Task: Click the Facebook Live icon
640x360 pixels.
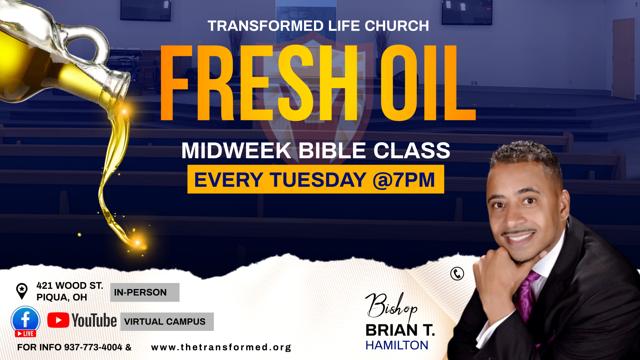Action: click(25, 321)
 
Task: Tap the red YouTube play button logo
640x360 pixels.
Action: click(58, 320)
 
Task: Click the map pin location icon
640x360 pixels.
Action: click(22, 291)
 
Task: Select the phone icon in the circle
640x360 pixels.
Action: click(457, 274)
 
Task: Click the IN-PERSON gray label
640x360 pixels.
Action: click(145, 292)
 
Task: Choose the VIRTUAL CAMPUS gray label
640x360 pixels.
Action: click(167, 322)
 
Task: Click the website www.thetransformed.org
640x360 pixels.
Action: click(221, 347)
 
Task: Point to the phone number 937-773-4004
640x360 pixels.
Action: click(93, 347)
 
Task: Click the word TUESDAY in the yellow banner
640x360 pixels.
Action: click(318, 180)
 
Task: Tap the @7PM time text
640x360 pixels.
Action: click(404, 180)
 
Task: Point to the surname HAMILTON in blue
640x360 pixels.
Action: click(397, 345)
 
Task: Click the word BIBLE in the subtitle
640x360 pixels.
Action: click(332, 151)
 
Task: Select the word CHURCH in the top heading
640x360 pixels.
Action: click(397, 26)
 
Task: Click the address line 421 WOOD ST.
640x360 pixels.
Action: click(70, 286)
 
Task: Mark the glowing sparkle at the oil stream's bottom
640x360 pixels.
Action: click(137, 243)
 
